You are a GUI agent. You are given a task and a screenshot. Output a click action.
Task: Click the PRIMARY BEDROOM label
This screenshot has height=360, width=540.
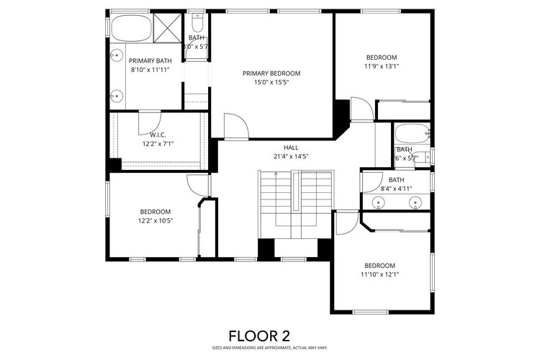(271, 73)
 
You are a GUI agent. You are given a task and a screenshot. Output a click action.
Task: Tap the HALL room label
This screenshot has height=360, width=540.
(291, 147)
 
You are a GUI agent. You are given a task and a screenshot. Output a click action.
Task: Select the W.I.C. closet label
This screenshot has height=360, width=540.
(158, 135)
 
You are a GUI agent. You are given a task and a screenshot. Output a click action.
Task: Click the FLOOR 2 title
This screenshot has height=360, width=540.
(259, 336)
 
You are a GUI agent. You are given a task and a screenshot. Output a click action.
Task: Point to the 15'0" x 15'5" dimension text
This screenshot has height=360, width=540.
(271, 83)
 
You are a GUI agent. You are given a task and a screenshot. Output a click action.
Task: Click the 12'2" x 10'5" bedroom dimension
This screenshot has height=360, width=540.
(156, 221)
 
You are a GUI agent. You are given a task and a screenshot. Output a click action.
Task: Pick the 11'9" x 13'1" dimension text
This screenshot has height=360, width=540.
(381, 66)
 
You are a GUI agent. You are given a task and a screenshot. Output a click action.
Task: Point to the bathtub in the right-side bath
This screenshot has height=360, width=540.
(411, 134)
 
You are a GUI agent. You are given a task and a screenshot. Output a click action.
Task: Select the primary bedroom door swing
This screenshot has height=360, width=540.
(235, 127)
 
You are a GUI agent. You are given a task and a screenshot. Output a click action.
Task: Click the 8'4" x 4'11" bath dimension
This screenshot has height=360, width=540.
(396, 189)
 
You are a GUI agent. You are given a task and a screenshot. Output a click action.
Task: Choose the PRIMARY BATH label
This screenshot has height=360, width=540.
(150, 61)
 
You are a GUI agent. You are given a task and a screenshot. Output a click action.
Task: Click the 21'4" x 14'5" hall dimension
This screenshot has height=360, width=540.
(291, 156)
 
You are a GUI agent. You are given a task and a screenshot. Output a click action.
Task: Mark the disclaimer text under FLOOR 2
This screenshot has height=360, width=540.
(259, 348)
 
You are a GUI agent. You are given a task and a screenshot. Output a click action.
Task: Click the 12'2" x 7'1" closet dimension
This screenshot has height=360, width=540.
(158, 143)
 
